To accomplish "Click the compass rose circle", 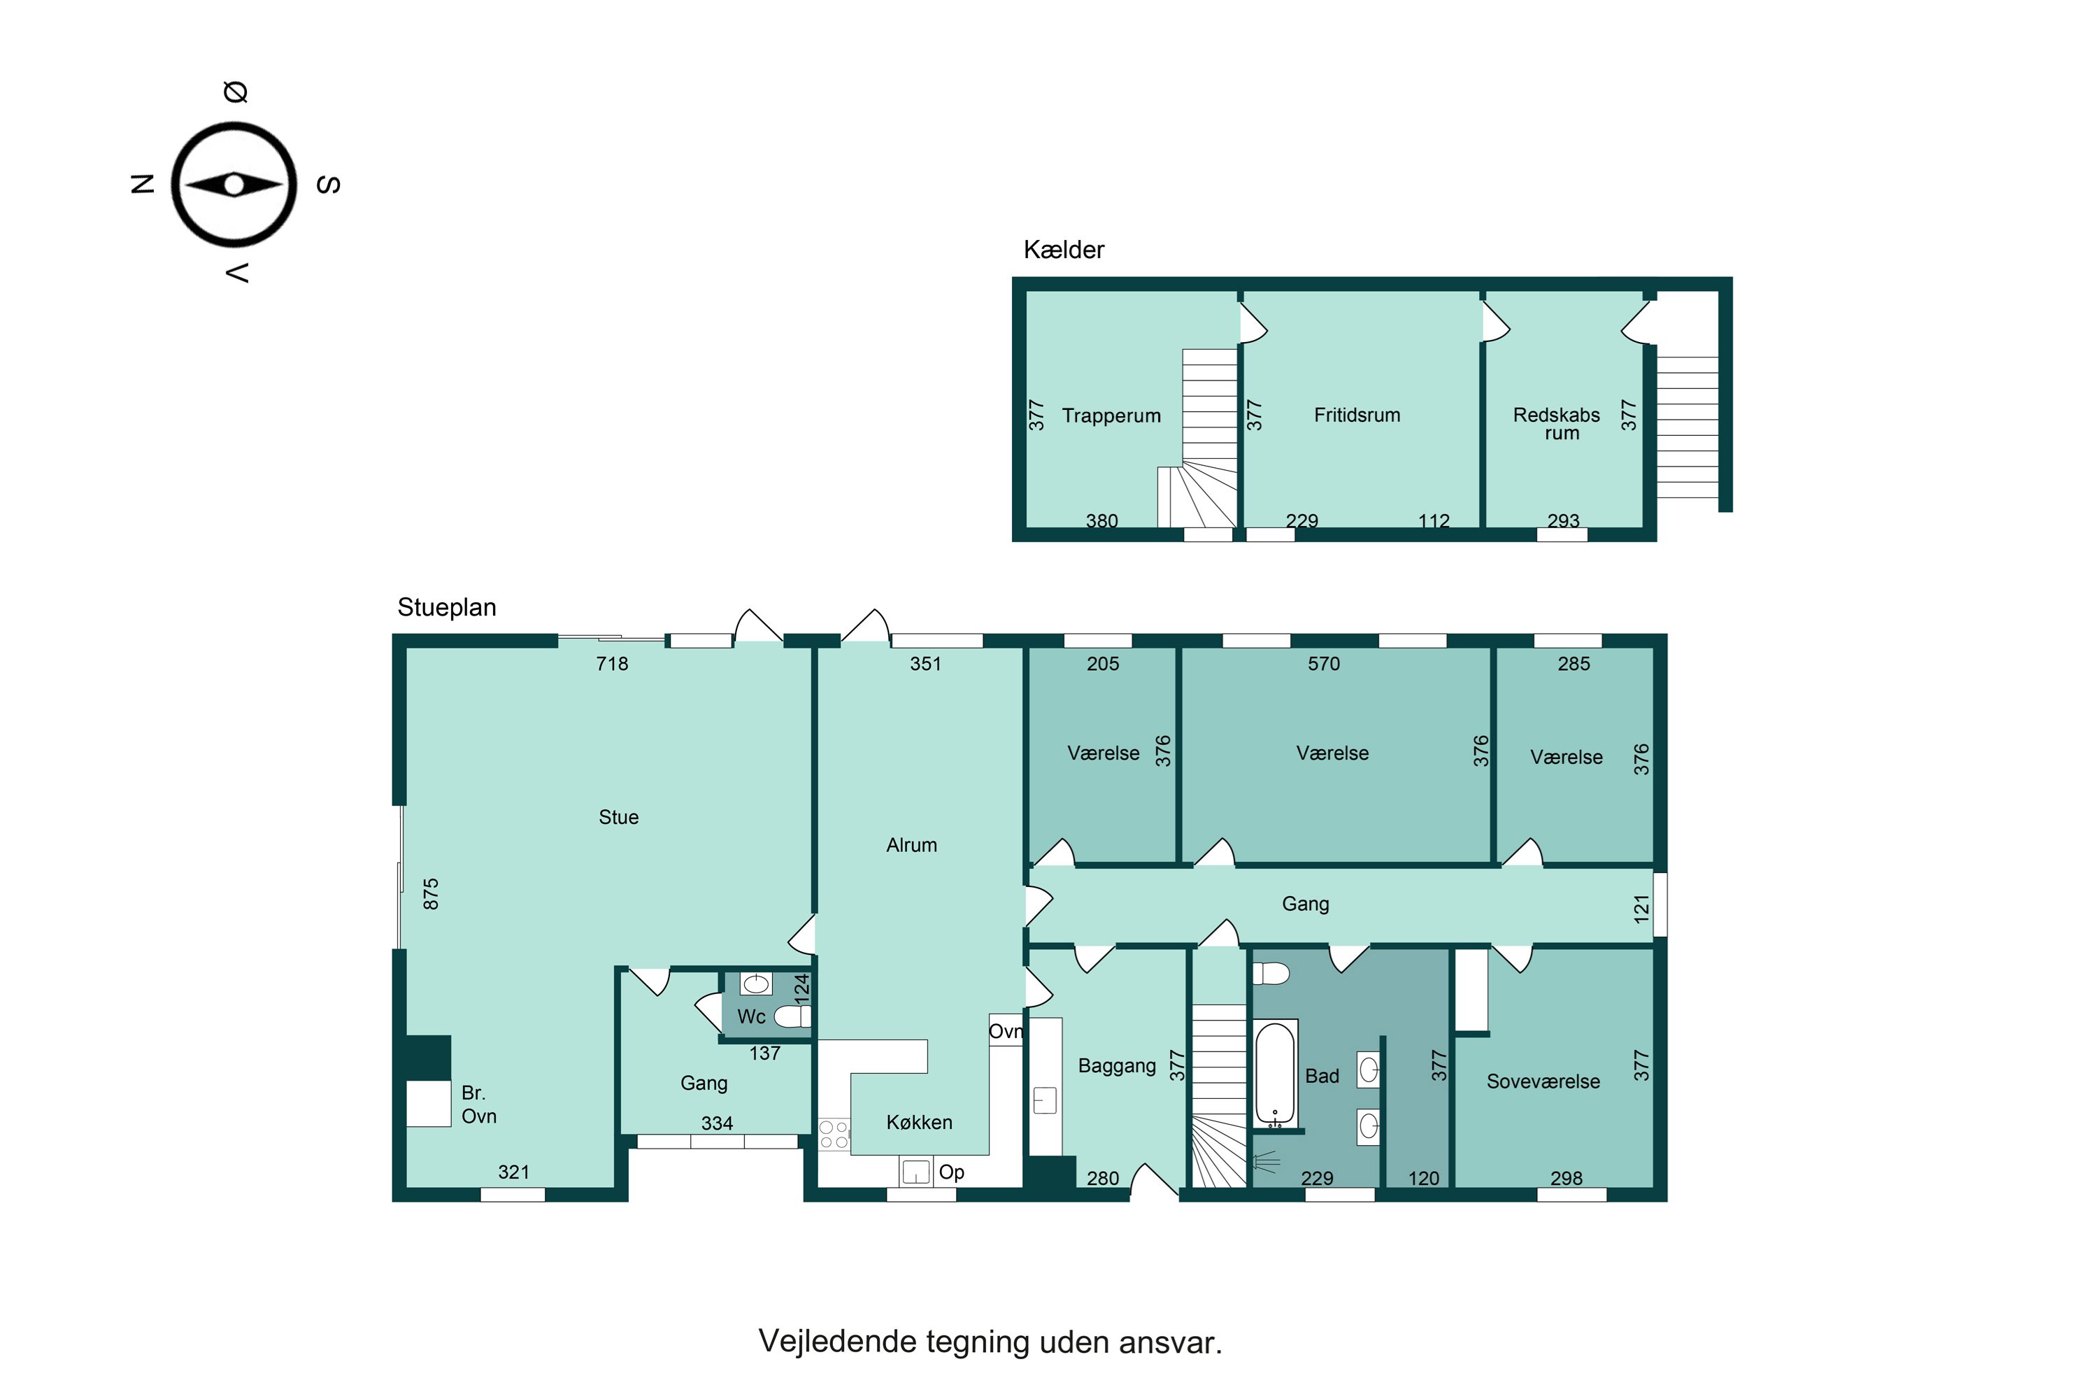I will (234, 185).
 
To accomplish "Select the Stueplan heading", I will (446, 608).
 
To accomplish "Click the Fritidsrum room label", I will (1357, 415).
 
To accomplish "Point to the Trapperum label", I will (1111, 416).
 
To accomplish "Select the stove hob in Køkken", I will (834, 1135).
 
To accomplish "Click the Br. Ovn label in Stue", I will (478, 1105).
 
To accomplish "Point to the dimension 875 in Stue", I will (431, 894).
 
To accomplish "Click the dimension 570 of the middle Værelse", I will (1324, 664).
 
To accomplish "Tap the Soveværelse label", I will (1543, 1081).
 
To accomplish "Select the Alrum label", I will (912, 845).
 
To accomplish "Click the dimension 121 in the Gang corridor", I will (1641, 908).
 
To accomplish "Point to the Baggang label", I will (1117, 1065).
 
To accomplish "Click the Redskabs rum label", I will (1557, 424).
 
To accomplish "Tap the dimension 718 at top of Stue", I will (612, 664).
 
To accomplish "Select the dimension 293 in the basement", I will (1563, 520).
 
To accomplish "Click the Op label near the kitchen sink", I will (951, 1172).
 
